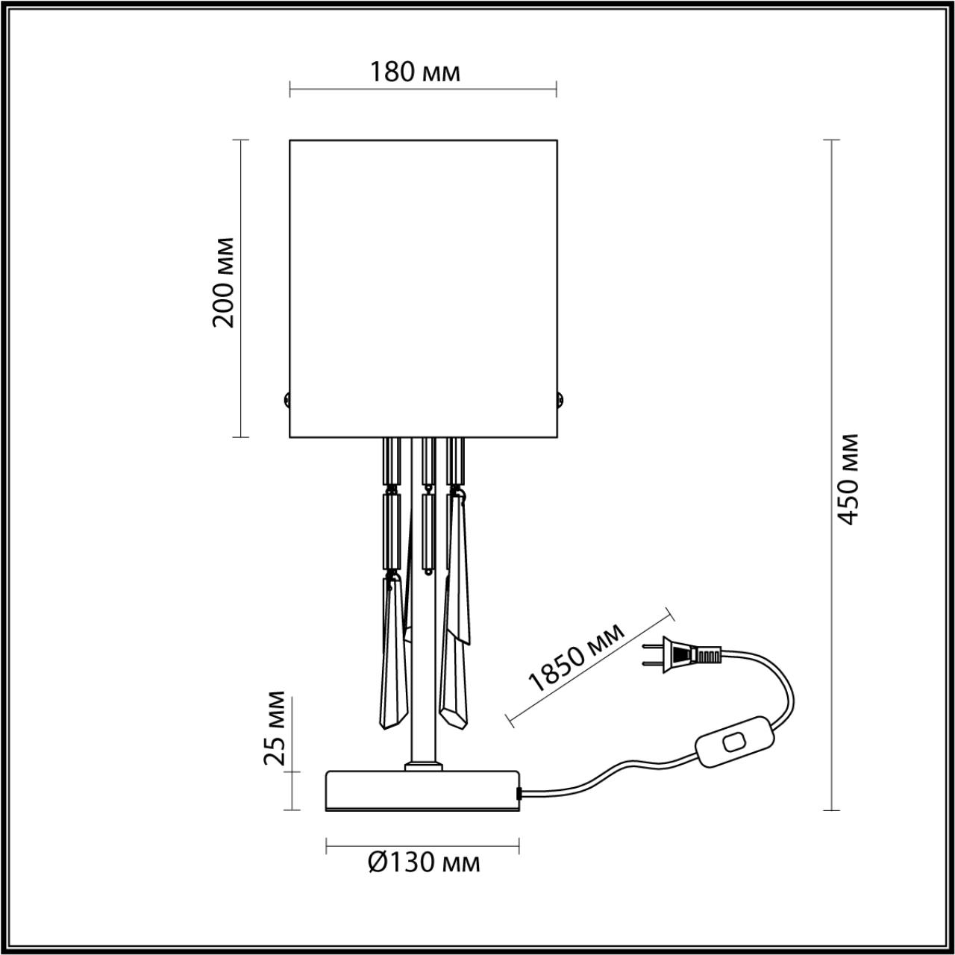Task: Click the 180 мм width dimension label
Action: (x=415, y=72)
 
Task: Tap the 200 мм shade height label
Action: (x=223, y=283)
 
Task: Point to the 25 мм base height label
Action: (x=275, y=727)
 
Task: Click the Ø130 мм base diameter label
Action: (x=424, y=863)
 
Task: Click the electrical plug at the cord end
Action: (x=682, y=655)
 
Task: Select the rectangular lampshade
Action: (x=423, y=287)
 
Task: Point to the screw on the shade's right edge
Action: (x=560, y=398)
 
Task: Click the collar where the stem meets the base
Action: (x=423, y=765)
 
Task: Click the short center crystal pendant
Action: (x=427, y=530)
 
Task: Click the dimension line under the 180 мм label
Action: (x=423, y=91)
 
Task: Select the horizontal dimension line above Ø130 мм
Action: (x=423, y=845)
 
